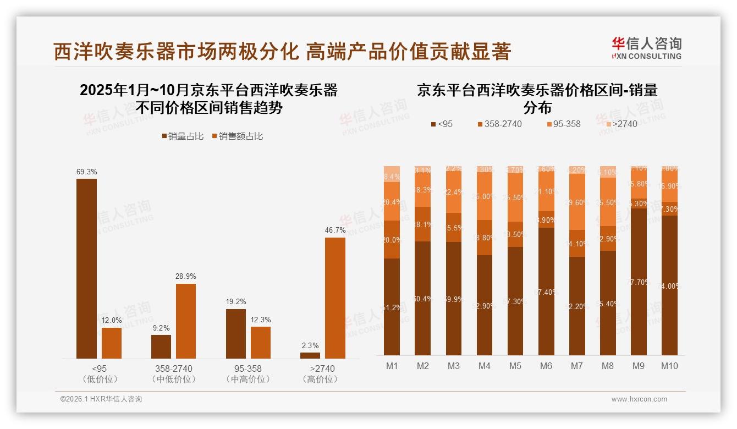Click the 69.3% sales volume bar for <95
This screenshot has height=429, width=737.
[86, 268]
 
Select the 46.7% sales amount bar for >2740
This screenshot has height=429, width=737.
[335, 298]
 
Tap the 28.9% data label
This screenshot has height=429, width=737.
[186, 276]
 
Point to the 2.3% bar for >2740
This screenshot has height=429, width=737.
[310, 355]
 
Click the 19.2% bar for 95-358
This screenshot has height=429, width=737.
[236, 333]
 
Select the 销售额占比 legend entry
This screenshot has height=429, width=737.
[237, 136]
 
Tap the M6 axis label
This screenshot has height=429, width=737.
[546, 366]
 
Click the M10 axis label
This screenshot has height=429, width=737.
[669, 366]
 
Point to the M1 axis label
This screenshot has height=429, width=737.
[392, 366]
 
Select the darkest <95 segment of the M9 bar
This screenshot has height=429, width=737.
[639, 282]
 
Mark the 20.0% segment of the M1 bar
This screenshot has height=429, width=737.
[392, 240]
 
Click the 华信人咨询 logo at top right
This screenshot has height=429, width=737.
[646, 48]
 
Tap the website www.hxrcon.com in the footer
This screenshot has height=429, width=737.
[639, 399]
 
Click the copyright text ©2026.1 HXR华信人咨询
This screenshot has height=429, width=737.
[101, 399]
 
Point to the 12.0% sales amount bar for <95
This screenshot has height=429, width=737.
[112, 343]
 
